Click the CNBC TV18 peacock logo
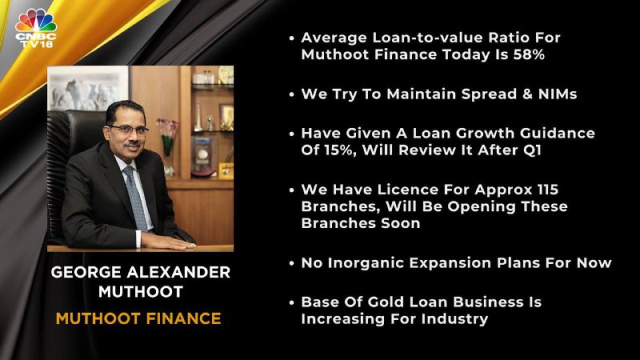36,28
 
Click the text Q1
532,150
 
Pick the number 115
548,190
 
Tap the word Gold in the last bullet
386,302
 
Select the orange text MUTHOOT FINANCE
138,318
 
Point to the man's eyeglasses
128,130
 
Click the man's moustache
132,145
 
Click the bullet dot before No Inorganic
291,263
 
